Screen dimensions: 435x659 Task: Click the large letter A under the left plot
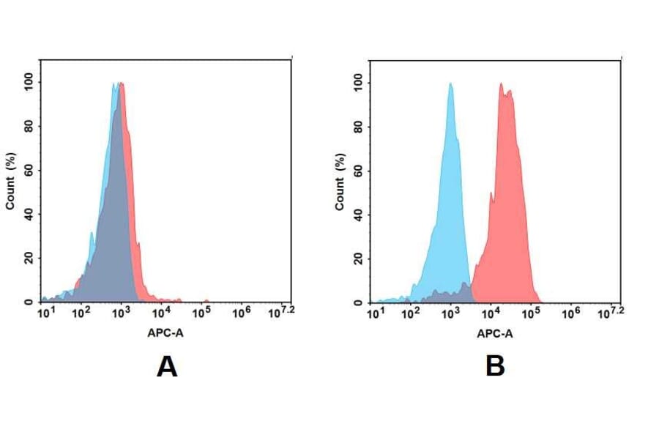[167, 366]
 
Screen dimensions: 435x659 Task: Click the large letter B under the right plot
[496, 366]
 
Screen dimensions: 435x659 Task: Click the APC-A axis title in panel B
[495, 333]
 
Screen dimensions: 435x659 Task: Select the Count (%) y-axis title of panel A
[10, 182]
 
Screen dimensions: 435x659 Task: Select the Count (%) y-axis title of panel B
[340, 182]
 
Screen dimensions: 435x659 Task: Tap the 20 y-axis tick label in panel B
[359, 259]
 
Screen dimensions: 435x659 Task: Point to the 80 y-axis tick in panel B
[359, 127]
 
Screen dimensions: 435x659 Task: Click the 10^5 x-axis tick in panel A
[201, 313]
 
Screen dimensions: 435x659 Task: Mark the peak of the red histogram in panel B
[502, 84]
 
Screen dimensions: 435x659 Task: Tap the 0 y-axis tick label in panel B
[359, 302]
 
